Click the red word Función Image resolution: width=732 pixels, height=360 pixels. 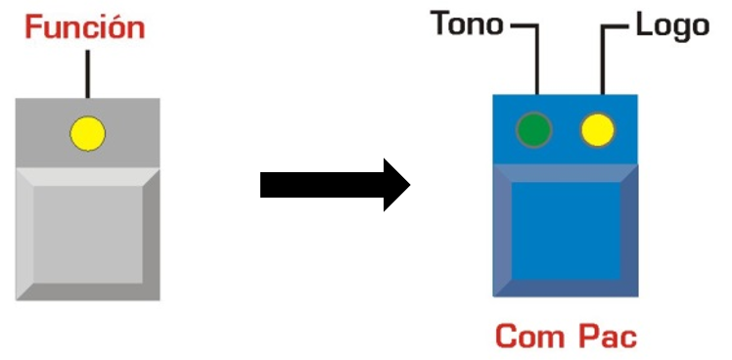pos(85,27)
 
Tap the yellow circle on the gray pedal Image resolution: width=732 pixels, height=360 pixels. pos(88,134)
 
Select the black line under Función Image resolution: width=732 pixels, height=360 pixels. pos(87,74)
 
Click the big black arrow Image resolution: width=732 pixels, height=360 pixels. pos(335,185)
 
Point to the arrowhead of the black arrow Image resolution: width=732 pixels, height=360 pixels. pos(396,185)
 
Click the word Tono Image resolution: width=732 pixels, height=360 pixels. pos(467,23)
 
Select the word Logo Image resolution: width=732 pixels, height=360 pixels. pos(672,25)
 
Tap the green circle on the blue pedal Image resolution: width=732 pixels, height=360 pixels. pos(534,130)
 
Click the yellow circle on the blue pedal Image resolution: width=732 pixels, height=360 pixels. pos(598,130)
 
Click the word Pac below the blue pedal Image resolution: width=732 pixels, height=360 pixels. pos(608,337)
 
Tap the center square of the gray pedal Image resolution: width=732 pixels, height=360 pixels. pos(88,235)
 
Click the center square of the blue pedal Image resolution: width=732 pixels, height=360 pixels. pos(566,231)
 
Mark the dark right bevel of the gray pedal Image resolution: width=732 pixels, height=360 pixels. pos(152,235)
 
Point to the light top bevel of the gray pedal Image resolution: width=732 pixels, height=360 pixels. pos(88,177)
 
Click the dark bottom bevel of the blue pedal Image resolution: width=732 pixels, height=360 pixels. pos(566,288)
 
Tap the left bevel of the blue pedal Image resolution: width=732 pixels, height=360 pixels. pos(502,231)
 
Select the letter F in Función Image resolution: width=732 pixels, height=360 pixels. pos(32,27)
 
